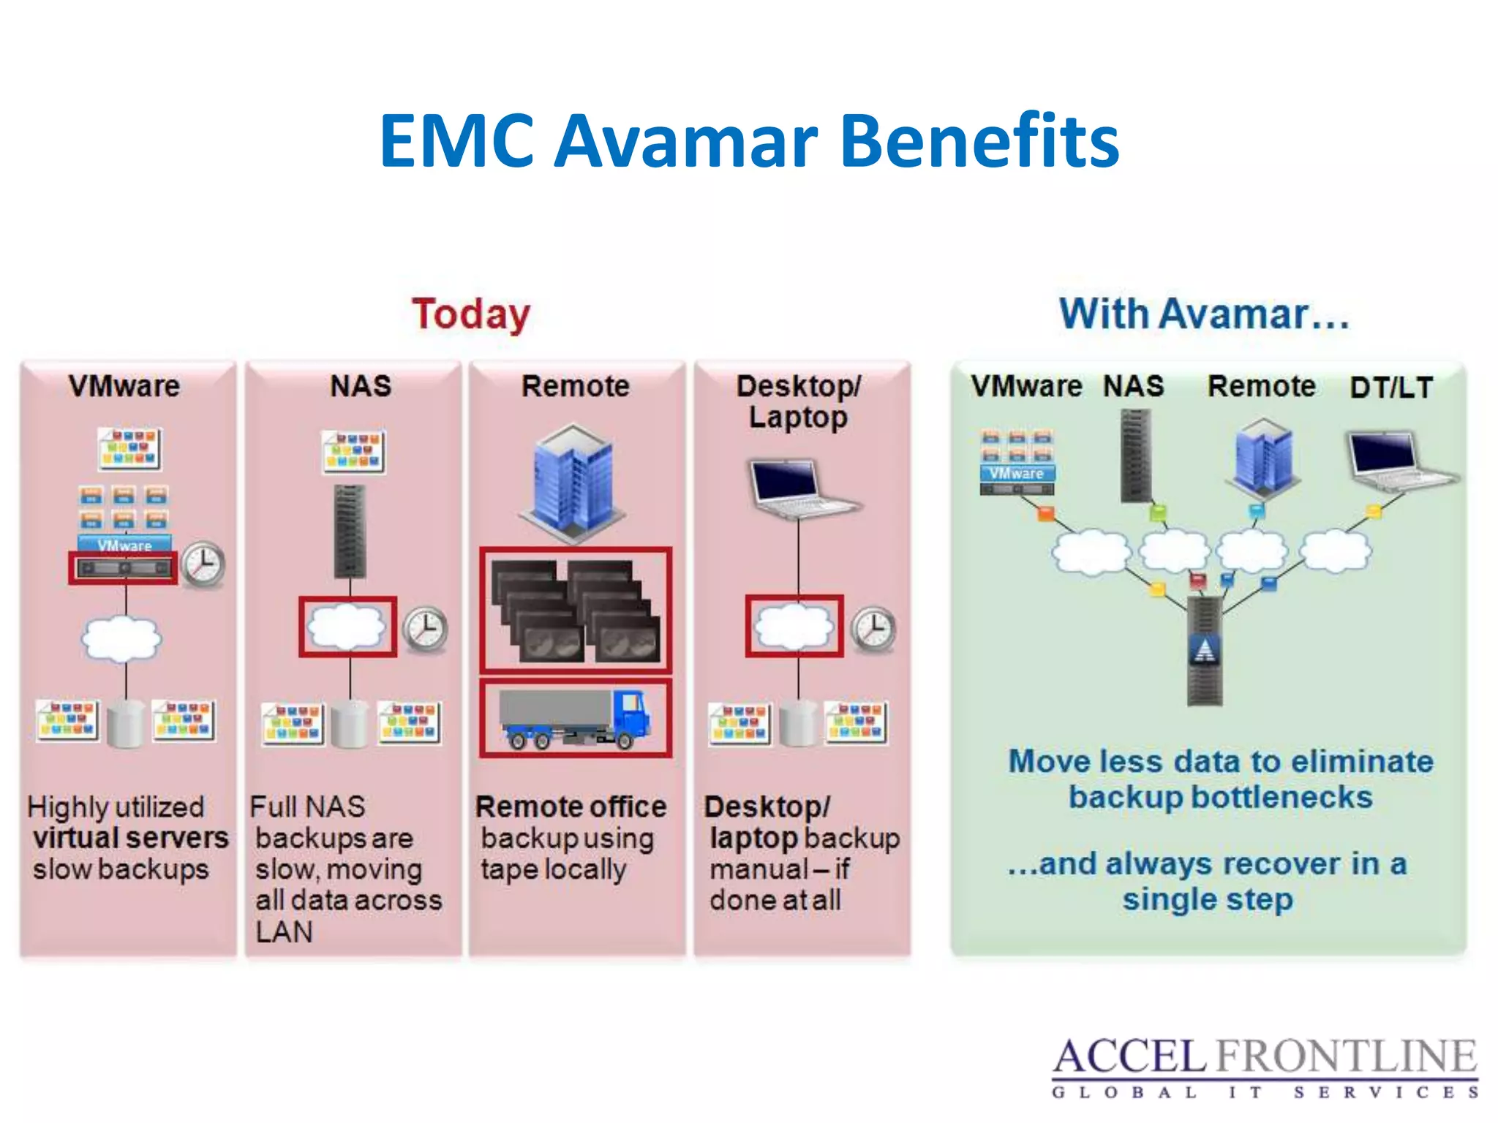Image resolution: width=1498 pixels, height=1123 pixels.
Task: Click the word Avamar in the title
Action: tap(686, 141)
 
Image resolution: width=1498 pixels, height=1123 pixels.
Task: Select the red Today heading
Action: tap(471, 315)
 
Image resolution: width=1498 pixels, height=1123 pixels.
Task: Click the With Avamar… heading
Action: tap(1204, 314)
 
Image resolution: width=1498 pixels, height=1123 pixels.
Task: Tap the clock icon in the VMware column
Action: tap(203, 564)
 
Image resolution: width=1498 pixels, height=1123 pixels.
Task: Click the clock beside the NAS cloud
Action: tap(426, 629)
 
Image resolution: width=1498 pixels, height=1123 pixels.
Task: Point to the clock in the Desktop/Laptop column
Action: tap(874, 629)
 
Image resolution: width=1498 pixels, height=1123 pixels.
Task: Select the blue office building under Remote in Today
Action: tap(573, 483)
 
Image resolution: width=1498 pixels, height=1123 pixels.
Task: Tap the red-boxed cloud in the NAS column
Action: tap(347, 627)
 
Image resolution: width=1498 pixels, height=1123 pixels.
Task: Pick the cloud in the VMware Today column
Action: tap(121, 638)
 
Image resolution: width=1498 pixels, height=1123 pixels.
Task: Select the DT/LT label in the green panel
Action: tap(1390, 387)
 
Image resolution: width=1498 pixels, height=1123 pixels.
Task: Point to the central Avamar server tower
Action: tap(1204, 649)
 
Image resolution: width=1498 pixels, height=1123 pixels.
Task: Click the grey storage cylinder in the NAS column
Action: tap(350, 724)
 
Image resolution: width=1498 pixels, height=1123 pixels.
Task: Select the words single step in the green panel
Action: tap(1208, 899)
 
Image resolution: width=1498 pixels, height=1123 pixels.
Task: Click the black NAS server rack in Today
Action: tap(350, 531)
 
